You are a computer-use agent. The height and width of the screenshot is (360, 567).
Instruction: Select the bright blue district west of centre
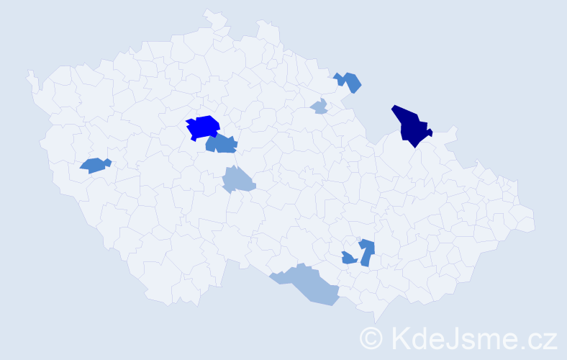click(x=203, y=127)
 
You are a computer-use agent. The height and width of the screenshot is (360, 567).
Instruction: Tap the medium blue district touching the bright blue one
click(x=222, y=144)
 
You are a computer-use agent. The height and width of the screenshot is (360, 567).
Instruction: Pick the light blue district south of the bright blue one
click(x=237, y=179)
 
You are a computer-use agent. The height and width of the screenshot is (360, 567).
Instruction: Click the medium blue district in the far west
click(x=94, y=165)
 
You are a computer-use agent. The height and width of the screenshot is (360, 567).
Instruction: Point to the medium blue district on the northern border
click(x=349, y=81)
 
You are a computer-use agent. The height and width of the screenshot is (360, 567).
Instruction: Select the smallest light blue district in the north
click(x=319, y=107)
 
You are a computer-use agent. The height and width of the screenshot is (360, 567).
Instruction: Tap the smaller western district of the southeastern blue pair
click(x=348, y=258)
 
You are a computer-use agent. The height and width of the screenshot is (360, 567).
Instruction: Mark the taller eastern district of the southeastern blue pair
click(x=367, y=251)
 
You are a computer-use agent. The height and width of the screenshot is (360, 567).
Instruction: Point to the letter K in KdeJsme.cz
click(x=399, y=337)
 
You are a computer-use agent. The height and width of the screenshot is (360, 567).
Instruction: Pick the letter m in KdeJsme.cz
click(x=489, y=340)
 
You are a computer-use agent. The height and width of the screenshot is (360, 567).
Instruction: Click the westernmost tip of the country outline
click(x=29, y=72)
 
